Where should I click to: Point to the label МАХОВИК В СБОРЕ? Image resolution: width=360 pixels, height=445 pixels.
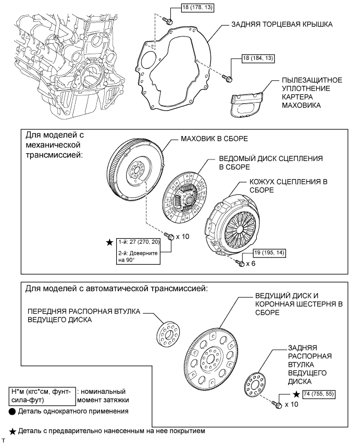(x=214, y=139)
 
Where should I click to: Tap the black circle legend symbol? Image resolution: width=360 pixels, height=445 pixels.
(x=13, y=412)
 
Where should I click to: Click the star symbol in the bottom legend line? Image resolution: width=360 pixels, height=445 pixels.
(x=13, y=431)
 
